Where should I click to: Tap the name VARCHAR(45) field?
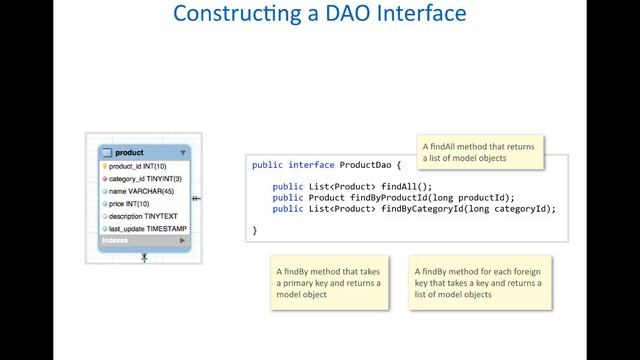[x=141, y=191]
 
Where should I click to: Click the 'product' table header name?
[x=129, y=153]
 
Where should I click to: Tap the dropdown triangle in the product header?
[x=182, y=153]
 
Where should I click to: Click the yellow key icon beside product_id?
[x=104, y=166]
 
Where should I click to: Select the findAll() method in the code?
[x=406, y=186]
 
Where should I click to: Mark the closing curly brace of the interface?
[x=255, y=230]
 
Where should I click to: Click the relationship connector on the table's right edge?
[x=196, y=198]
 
